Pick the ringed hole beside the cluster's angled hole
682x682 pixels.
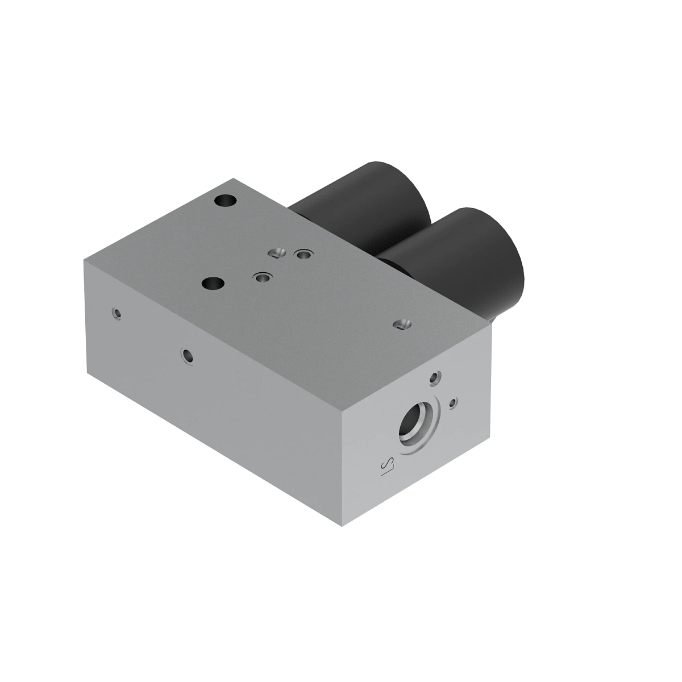pos(302,255)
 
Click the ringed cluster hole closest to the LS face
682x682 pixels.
pos(262,277)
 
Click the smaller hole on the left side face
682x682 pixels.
pos(117,313)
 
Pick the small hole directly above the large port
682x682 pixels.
pos(435,377)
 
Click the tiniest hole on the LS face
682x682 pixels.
pos(453,403)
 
